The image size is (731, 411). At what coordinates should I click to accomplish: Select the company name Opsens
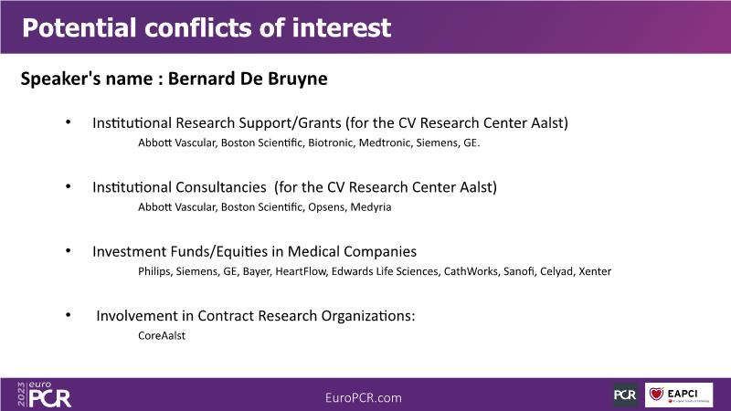point(326,207)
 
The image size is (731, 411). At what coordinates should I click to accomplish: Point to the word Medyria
point(371,207)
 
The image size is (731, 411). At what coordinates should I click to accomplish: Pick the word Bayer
point(256,271)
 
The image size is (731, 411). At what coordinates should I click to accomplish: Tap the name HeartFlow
point(301,271)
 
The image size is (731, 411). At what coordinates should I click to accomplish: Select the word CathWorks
point(471,271)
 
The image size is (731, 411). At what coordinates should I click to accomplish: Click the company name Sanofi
point(518,271)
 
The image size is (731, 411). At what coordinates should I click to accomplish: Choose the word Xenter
point(595,271)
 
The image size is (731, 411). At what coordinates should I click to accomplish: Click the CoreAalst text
point(162,335)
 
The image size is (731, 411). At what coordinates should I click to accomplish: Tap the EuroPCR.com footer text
point(363,397)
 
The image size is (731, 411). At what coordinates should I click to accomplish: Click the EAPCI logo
point(679,395)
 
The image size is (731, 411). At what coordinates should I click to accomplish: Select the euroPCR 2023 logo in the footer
point(44,395)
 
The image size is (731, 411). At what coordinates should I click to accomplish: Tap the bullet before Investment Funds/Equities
point(68,250)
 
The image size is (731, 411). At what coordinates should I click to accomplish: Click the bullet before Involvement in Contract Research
point(68,315)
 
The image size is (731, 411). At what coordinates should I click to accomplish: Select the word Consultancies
point(221,187)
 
